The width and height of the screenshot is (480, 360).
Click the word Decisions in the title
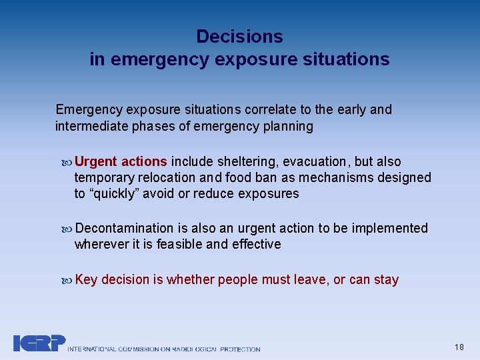(239, 37)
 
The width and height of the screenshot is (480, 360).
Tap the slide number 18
(459, 347)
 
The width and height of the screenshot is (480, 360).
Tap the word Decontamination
(124, 228)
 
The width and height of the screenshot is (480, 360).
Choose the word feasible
(179, 244)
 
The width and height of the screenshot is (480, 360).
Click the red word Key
(86, 279)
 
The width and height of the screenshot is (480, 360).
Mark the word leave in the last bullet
(309, 279)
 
